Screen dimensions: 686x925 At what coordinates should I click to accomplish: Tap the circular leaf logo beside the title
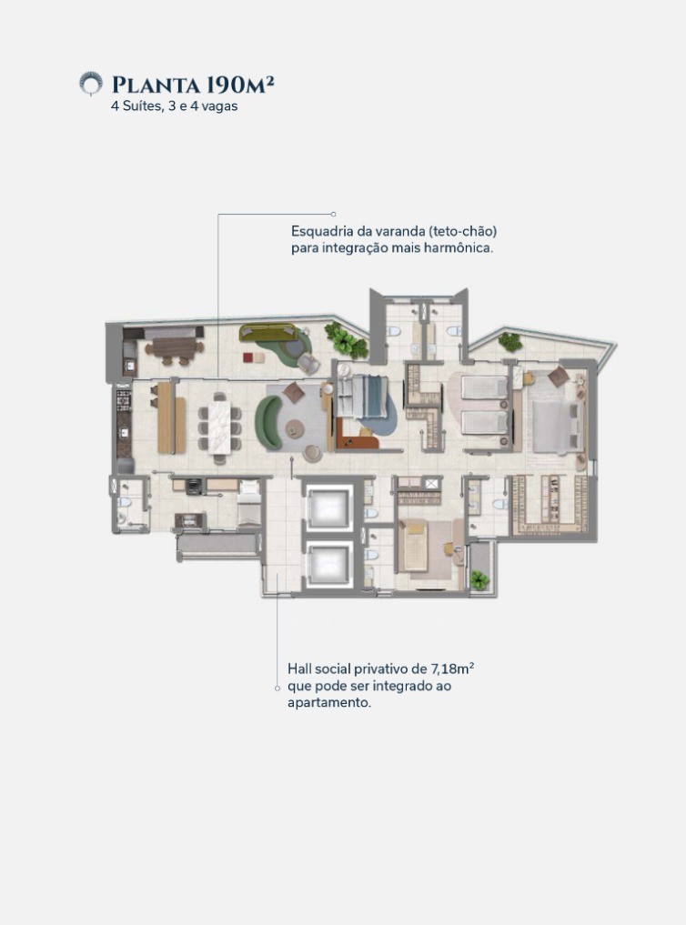click(x=91, y=84)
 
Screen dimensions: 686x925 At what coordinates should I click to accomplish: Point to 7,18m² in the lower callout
click(x=453, y=669)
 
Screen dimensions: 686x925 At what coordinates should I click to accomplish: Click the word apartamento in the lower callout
click(x=329, y=702)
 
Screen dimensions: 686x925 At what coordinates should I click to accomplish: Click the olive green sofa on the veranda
click(x=268, y=333)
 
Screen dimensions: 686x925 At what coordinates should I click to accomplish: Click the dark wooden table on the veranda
click(x=174, y=347)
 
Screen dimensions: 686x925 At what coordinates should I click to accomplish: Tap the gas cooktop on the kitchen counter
click(x=124, y=399)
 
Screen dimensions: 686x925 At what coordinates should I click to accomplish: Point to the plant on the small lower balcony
click(x=479, y=580)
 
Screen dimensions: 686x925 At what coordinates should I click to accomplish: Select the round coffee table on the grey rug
click(x=295, y=429)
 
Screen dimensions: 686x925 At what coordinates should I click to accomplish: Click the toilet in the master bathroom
click(x=500, y=505)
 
